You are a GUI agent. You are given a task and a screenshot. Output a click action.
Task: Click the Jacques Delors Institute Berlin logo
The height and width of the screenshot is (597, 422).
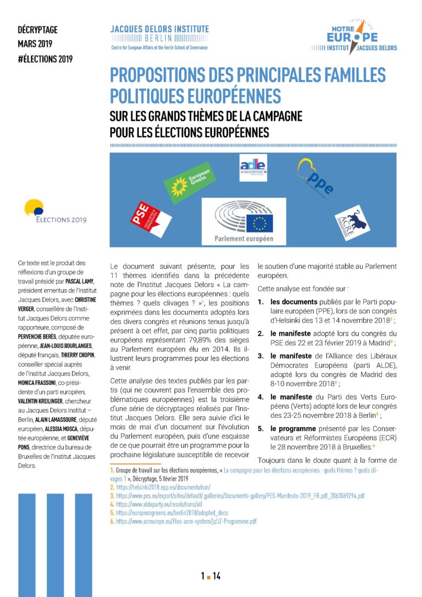[x=159, y=36]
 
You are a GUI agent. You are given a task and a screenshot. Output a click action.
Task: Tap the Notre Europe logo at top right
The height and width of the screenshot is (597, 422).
[x=345, y=37]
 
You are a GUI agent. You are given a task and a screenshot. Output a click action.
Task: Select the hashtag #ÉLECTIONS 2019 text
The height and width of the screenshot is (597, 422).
[x=45, y=58]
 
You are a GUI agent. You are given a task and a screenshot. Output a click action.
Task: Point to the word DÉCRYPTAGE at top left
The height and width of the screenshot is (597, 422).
[x=37, y=30]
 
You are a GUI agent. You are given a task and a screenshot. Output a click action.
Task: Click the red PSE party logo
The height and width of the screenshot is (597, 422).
[x=146, y=218]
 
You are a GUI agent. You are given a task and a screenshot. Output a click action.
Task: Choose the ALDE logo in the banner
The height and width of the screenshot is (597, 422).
[x=253, y=168]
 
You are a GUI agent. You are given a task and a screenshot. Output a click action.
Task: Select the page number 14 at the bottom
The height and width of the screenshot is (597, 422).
[x=217, y=576]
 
